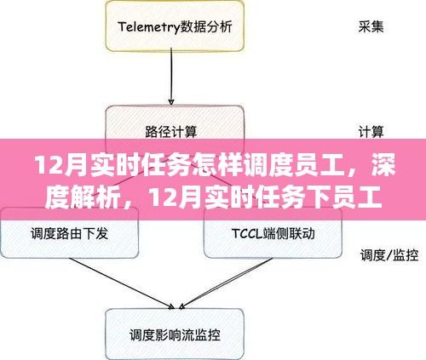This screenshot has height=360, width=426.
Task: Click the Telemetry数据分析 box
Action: (x=175, y=26)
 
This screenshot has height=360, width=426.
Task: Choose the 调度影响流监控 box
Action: (x=175, y=334)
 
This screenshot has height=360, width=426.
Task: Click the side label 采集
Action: (x=371, y=27)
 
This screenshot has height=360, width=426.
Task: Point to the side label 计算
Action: (x=371, y=132)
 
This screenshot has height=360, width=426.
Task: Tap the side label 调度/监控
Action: (x=389, y=255)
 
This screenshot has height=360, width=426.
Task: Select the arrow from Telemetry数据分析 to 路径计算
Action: (x=171, y=77)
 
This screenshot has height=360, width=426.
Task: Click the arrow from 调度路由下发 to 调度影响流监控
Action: (x=122, y=283)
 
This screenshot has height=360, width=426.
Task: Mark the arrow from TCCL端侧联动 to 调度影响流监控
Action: (x=226, y=283)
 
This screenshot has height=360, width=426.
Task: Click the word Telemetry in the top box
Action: (x=149, y=27)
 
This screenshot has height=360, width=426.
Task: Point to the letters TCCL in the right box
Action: (x=247, y=234)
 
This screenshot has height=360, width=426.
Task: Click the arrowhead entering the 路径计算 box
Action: (x=171, y=102)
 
